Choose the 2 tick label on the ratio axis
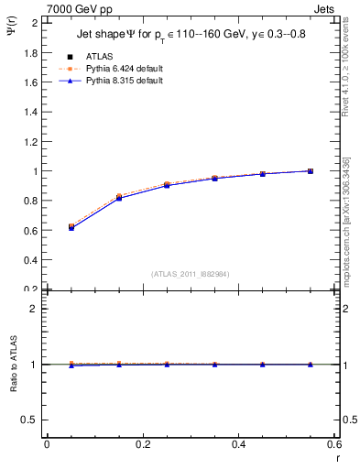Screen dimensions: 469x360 (x=35, y=309)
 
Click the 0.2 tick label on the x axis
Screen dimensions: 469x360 (x=142, y=444)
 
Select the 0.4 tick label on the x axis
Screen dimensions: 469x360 (x=238, y=444)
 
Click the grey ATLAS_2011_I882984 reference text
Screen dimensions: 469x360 (x=191, y=274)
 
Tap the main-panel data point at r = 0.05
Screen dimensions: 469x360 (x=71, y=227)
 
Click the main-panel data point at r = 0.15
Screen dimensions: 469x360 (x=119, y=198)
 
